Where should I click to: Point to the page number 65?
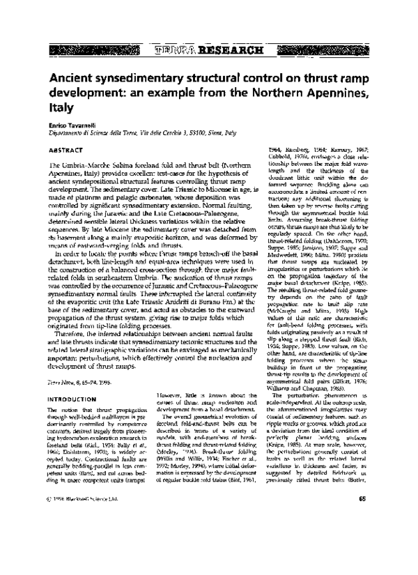pyautogui.click(x=362, y=536)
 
